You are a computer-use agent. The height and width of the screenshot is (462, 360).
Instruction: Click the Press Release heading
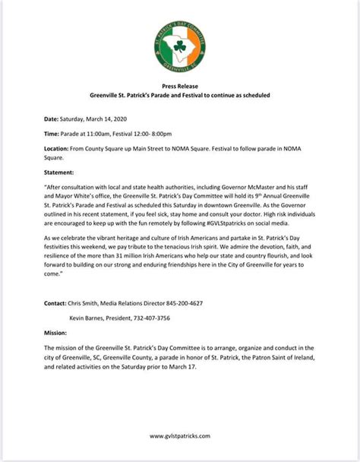(180, 86)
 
